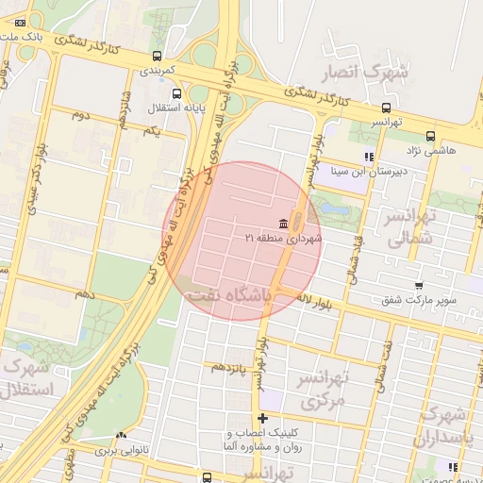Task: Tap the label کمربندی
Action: pos(158,70)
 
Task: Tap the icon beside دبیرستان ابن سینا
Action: pos(369,158)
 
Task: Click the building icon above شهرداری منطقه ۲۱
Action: pos(284,222)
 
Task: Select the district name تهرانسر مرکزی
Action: pos(324,389)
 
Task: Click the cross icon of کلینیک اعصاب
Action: pos(262,417)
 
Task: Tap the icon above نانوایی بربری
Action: pos(120,436)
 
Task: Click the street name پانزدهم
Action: pos(228,366)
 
